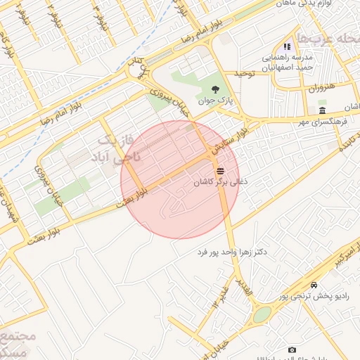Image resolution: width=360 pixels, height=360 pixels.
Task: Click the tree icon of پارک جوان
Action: pos(215,89)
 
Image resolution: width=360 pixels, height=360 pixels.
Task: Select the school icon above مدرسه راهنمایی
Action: pos(287,46)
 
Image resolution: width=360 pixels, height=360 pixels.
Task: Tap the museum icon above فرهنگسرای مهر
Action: pos(322,112)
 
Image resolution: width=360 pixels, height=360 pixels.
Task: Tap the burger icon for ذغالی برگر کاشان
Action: pos(220,170)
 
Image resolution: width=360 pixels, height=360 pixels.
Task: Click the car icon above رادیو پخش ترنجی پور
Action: pos(314,285)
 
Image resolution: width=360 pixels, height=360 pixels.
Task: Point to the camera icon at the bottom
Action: pos(292,349)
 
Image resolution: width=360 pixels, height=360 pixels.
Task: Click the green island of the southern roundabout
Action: pos(262,314)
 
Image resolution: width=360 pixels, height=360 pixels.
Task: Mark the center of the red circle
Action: pos(181,179)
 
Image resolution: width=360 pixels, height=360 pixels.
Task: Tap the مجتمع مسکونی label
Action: pos(13,343)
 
